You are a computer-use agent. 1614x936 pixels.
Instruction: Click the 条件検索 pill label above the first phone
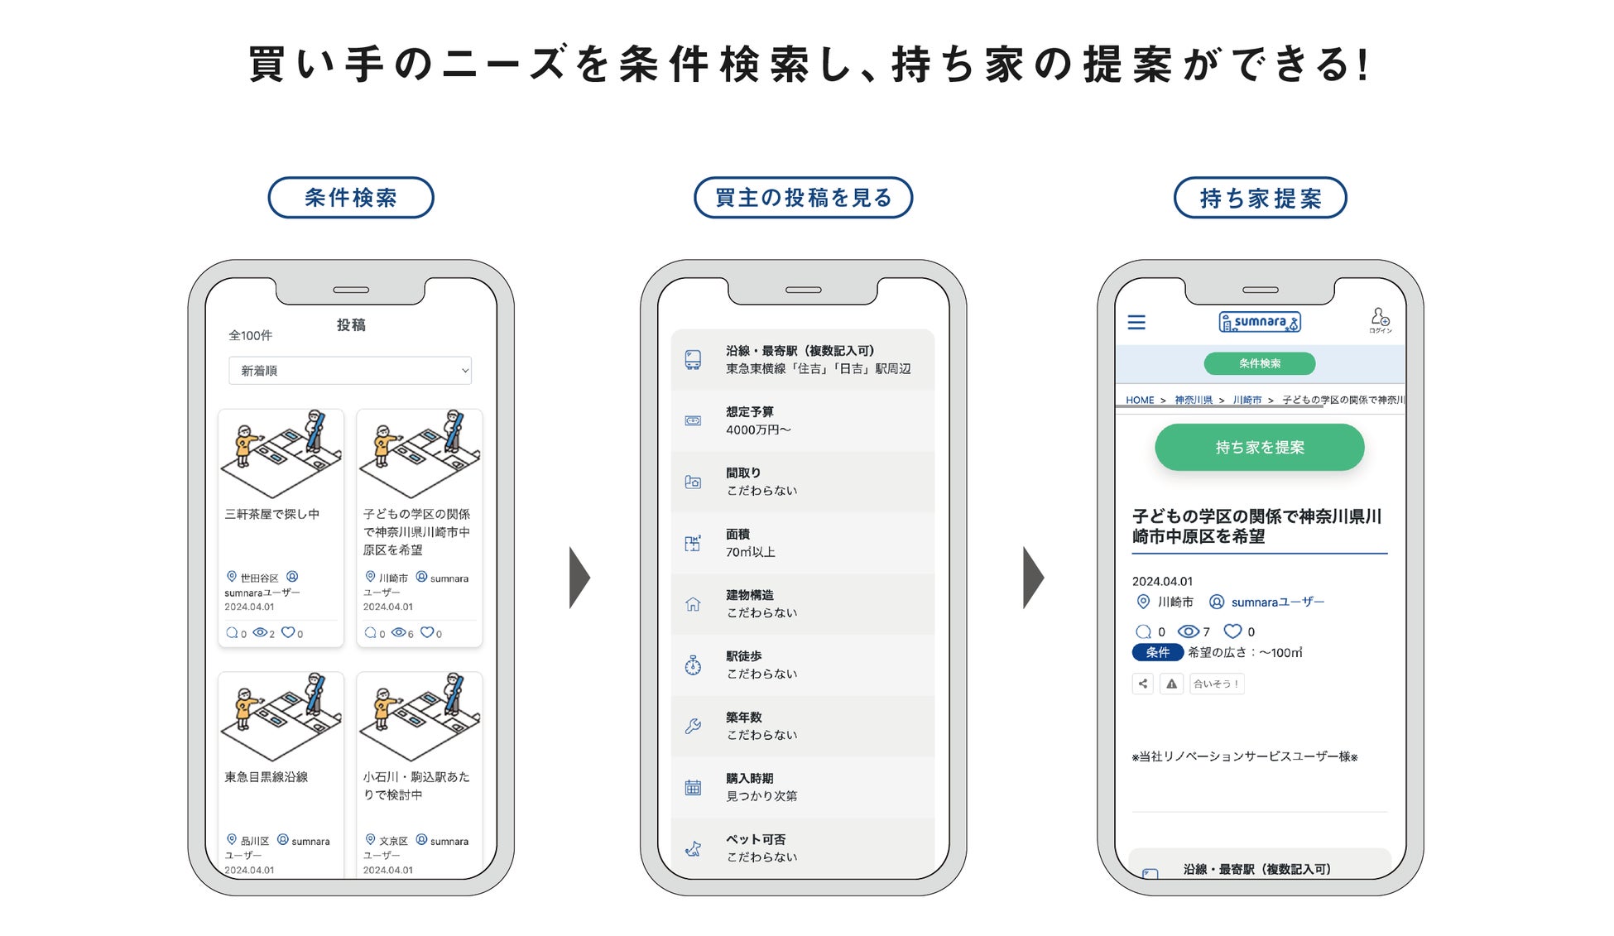[350, 198]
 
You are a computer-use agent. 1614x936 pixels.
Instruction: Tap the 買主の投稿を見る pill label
[803, 198]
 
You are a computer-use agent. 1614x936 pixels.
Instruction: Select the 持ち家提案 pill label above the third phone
[1260, 199]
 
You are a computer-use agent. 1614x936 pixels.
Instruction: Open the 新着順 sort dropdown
[350, 371]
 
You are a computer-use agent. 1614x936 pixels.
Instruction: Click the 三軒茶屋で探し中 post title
[272, 514]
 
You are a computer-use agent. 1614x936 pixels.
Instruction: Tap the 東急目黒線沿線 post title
[267, 777]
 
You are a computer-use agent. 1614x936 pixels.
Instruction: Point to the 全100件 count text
[250, 335]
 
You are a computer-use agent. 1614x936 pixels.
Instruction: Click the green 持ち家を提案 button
[1259, 448]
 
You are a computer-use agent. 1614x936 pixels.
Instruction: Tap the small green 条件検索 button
[1259, 363]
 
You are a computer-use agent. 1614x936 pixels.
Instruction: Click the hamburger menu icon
[1136, 322]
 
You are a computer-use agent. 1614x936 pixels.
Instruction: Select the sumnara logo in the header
[1259, 322]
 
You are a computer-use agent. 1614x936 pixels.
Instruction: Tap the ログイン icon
[1380, 320]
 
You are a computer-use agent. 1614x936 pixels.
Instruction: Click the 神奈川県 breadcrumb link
[1193, 400]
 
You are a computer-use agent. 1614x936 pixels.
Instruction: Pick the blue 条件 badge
[1157, 652]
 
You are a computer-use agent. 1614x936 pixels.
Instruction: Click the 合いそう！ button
[1216, 684]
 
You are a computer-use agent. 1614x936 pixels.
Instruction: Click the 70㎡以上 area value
[751, 552]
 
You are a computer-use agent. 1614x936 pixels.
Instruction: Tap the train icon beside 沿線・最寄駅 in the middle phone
[693, 359]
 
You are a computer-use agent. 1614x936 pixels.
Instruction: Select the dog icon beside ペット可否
[693, 848]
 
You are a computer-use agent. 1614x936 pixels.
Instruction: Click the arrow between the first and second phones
[579, 577]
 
